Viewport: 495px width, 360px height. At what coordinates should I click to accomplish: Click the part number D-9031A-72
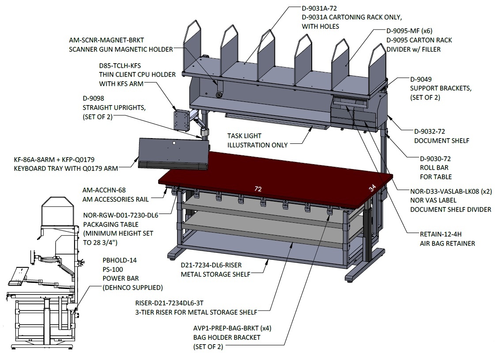(x=319, y=8)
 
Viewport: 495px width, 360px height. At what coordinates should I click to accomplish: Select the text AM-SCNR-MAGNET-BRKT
(x=106, y=40)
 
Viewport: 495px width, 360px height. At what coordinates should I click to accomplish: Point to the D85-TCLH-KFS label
(x=120, y=66)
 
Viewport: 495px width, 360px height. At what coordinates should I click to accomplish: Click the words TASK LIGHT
(x=244, y=136)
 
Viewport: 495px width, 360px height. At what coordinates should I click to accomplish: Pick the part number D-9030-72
(x=435, y=159)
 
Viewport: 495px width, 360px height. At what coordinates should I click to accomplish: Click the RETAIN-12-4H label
(x=441, y=234)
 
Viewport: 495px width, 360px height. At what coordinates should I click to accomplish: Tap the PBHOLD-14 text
(x=120, y=260)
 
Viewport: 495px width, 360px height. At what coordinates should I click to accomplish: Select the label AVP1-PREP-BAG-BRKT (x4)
(x=232, y=328)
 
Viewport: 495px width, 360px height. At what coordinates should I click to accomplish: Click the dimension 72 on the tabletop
(x=258, y=189)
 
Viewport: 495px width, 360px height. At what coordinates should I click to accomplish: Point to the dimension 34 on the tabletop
(x=373, y=188)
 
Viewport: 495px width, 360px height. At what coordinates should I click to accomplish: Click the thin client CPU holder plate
(x=181, y=119)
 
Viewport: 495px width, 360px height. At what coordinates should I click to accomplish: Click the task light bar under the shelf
(x=278, y=121)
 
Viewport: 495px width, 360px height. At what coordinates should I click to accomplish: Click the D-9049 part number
(x=421, y=79)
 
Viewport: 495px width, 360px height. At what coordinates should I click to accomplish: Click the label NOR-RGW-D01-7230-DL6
(x=121, y=215)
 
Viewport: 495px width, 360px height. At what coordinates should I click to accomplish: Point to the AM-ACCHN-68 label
(x=104, y=190)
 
